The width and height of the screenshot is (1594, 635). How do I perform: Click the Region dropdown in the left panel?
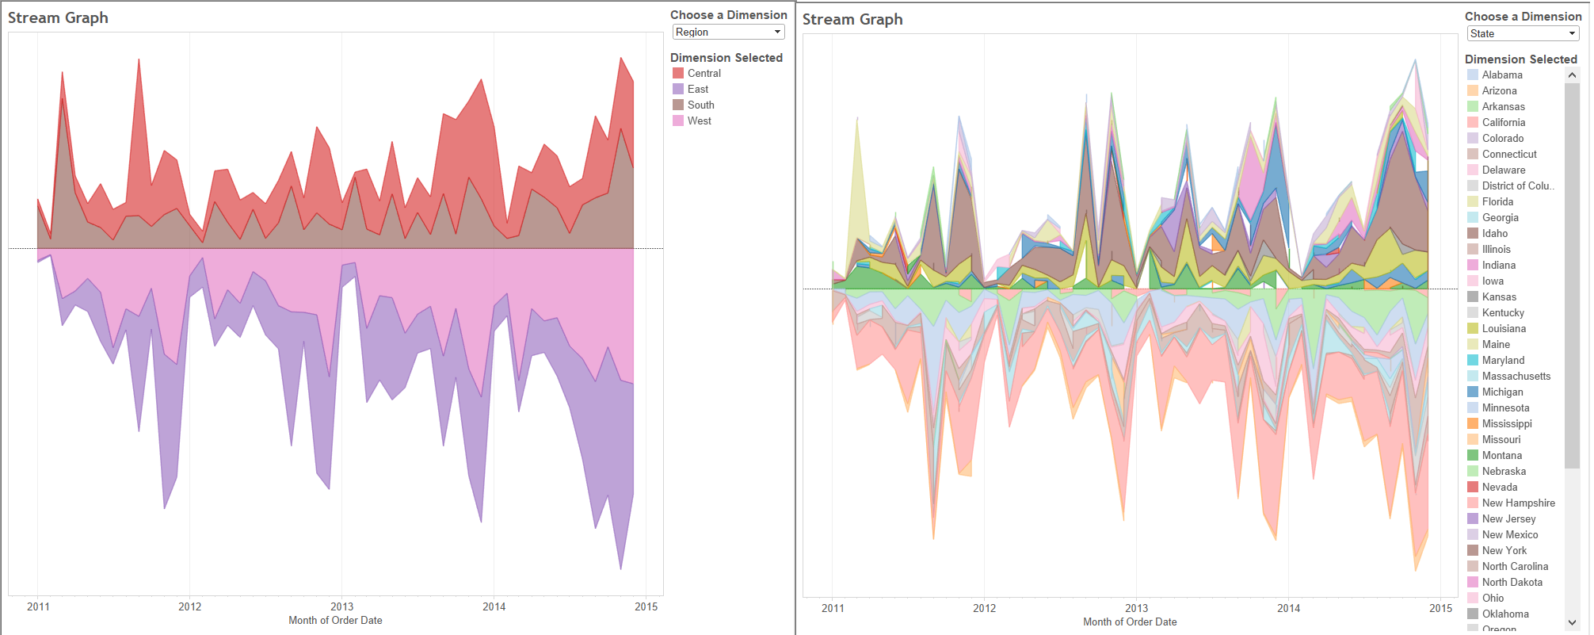(x=728, y=32)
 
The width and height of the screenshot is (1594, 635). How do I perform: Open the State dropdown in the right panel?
(x=1522, y=33)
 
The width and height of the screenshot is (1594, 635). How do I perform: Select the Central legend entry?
(x=704, y=73)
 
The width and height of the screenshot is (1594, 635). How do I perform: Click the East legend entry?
(x=697, y=89)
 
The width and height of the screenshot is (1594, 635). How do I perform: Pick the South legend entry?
(x=700, y=105)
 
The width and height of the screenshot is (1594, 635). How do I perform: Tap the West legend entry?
(x=699, y=120)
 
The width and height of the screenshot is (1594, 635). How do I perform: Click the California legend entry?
(x=1503, y=122)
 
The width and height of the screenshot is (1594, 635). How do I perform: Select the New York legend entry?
(x=1504, y=550)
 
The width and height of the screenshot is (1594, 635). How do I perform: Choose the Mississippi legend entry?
(x=1506, y=423)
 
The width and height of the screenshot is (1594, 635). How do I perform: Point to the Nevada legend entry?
(x=1499, y=487)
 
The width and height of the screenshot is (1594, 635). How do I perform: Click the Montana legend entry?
(x=1501, y=455)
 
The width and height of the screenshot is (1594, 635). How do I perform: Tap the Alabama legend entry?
(x=1501, y=75)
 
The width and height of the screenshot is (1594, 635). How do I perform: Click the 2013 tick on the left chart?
(x=342, y=606)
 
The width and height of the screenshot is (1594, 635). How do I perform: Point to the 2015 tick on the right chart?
(x=1440, y=608)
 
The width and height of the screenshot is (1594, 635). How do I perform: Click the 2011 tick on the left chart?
(x=38, y=606)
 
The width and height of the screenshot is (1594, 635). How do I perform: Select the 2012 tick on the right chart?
(x=984, y=608)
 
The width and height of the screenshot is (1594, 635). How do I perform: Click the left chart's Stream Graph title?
(x=58, y=17)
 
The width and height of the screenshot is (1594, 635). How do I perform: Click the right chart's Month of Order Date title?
(x=1130, y=622)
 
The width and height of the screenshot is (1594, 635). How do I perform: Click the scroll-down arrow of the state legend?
(x=1572, y=622)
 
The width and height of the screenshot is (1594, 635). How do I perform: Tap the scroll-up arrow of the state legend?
(x=1572, y=75)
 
